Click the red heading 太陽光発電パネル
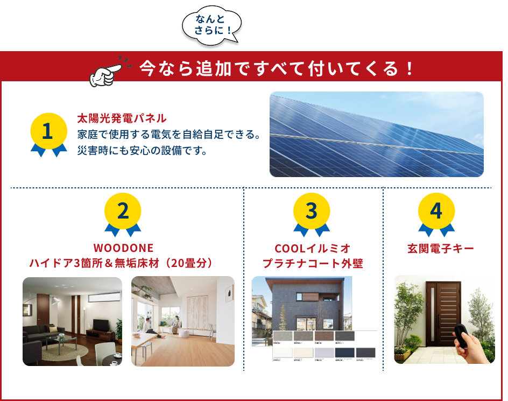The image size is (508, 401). pos(122,118)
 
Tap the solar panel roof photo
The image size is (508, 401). pos(376,134)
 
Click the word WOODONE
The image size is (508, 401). pos(123,248)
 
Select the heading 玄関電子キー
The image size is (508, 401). pos(440,249)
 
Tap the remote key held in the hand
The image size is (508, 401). pos(463,333)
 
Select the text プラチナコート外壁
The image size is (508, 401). pos(312,264)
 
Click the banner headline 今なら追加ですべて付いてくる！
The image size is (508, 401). pos(277,68)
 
